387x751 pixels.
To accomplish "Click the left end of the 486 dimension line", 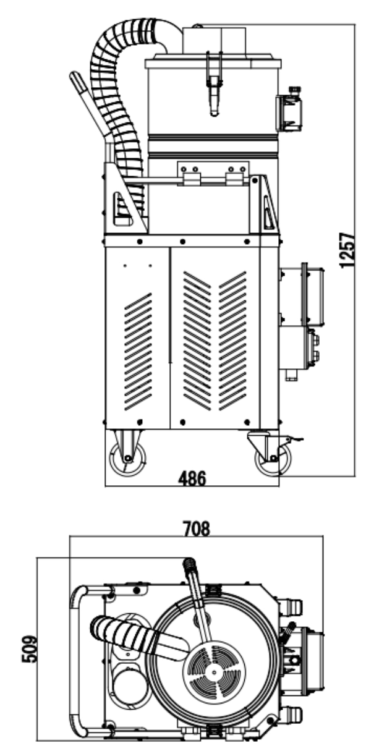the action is (x=105, y=485).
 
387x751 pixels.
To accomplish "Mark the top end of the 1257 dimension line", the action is (x=355, y=24).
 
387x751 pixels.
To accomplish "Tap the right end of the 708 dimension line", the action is (x=323, y=536).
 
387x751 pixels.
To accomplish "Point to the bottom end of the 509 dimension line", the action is (x=37, y=740).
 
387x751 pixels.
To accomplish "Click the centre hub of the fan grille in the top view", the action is (x=214, y=671).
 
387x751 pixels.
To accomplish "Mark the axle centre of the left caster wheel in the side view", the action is (x=127, y=457).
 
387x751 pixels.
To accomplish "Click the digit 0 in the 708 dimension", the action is (x=197, y=528).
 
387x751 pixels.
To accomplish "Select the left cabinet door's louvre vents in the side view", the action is (x=138, y=352).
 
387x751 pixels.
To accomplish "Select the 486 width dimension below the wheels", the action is (x=192, y=478).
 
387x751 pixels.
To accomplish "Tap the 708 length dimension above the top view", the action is (x=197, y=528).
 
